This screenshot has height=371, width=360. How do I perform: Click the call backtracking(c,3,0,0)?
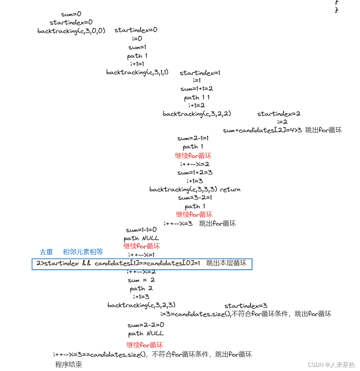(71, 31)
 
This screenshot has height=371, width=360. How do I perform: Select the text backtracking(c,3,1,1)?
(137, 72)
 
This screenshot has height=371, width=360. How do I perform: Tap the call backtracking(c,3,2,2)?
(197, 114)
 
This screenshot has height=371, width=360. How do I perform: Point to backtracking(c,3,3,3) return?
(195, 189)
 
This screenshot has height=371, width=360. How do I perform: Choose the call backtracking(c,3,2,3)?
(142, 305)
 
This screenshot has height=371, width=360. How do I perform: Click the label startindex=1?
(200, 73)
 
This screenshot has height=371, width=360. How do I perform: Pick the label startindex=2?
(279, 114)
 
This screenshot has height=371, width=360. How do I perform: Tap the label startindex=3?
(246, 306)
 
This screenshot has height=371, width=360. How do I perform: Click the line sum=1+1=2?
(197, 89)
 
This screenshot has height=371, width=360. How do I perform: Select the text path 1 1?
(197, 98)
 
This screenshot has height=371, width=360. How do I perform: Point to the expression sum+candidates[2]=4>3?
(262, 130)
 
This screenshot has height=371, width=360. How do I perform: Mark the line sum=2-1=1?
(193, 138)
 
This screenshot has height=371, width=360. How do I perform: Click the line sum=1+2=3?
(195, 172)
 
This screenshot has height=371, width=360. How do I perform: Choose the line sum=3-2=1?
(195, 198)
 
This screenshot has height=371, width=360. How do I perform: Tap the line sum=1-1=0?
(141, 230)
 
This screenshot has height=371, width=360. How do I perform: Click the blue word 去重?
(46, 252)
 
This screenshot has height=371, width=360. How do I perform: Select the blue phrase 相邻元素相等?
(83, 252)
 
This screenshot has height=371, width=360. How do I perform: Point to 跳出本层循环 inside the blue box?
(226, 263)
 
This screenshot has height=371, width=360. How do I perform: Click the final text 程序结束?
(69, 365)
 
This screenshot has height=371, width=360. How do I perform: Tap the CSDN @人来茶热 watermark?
(331, 365)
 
